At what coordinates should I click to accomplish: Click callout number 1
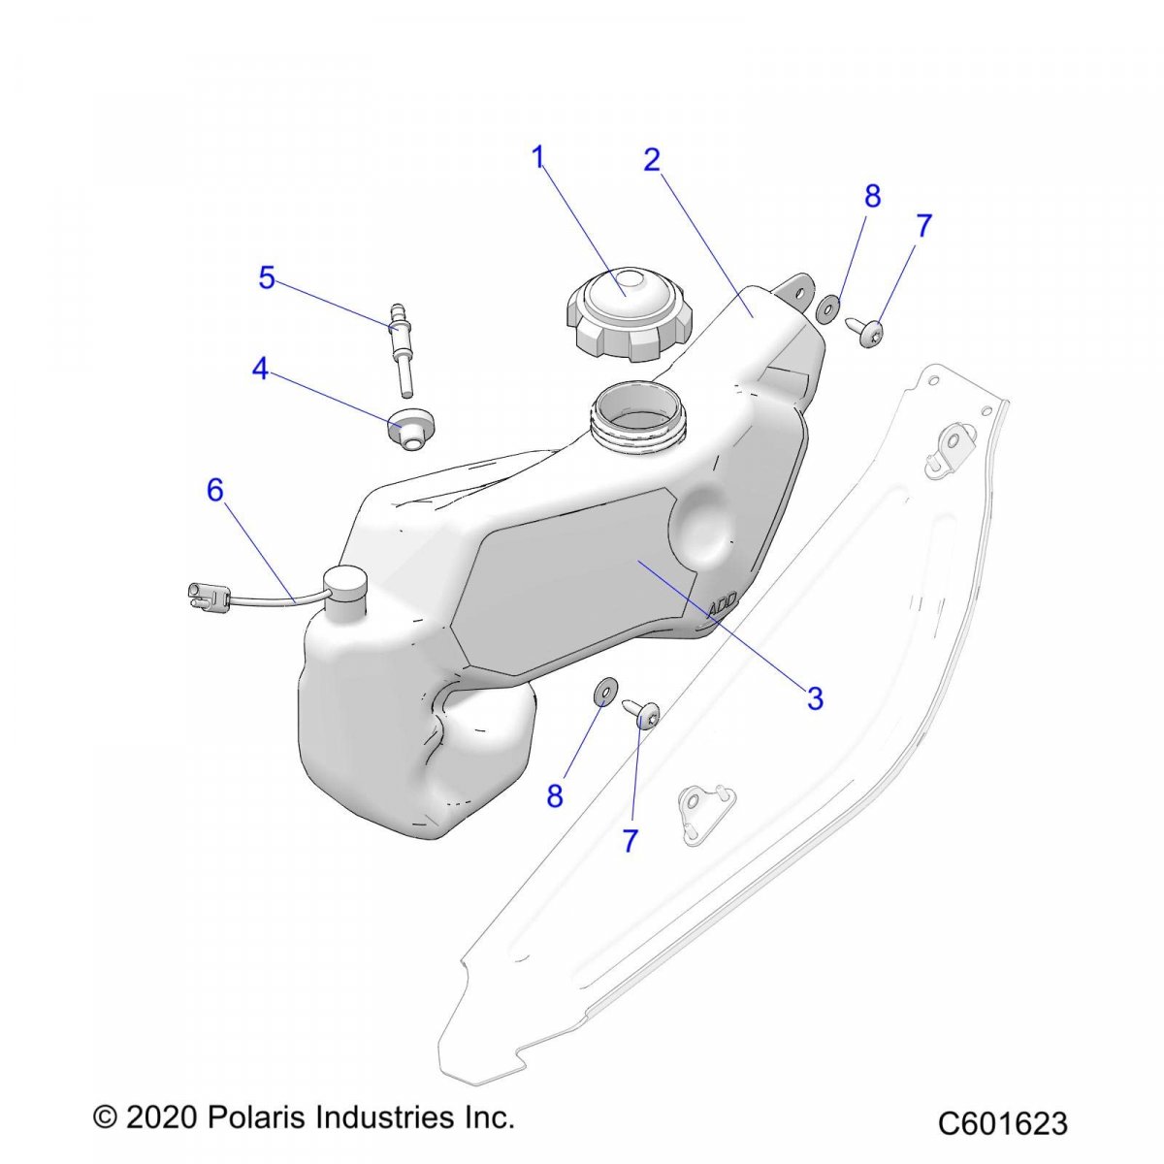click(x=539, y=157)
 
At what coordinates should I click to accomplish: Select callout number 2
click(x=652, y=160)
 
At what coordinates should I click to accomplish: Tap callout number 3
click(x=815, y=697)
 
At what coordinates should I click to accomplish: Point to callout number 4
click(x=260, y=370)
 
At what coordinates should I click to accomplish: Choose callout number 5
click(x=267, y=278)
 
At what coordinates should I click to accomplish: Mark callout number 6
click(x=214, y=491)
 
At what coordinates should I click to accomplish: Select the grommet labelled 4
click(x=410, y=428)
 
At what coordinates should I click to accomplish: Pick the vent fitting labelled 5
click(x=399, y=345)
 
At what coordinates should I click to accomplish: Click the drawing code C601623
click(x=1001, y=1122)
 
